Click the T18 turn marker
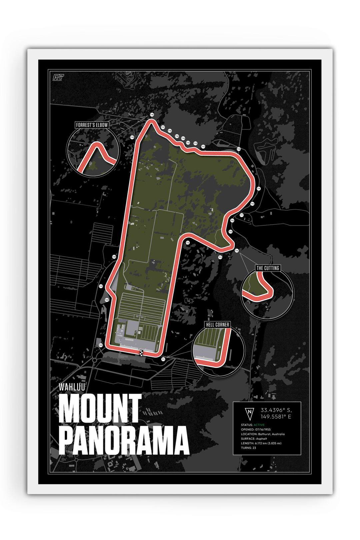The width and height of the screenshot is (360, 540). point(152,115)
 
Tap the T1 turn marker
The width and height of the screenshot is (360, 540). point(163,359)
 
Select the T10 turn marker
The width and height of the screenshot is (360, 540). point(239,149)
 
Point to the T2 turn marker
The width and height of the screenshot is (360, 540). point(188,243)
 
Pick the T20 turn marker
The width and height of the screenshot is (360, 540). point(114,257)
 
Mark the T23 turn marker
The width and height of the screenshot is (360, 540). point(101,345)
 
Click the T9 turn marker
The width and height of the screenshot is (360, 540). point(258,189)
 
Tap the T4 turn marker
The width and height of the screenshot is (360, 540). point(237,250)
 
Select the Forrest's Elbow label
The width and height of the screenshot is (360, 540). point(92,125)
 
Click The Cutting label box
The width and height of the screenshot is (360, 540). point(268,268)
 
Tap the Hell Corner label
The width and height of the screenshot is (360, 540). point(217,324)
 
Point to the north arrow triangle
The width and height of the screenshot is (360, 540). point(249,413)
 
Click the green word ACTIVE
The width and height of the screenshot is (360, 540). point(259,425)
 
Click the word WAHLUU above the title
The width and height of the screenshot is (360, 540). point(72,387)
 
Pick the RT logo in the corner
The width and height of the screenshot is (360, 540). point(58,77)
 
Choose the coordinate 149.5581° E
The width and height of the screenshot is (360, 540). point(276,416)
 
